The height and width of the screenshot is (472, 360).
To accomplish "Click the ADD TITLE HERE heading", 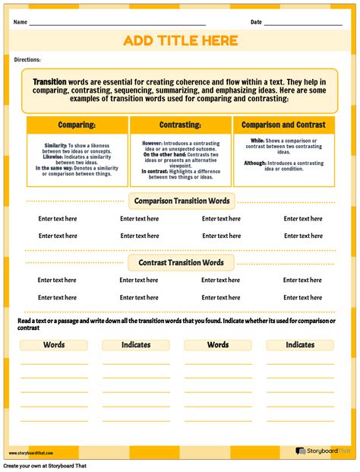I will [180, 41].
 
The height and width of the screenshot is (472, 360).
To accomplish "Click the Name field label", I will [21, 22].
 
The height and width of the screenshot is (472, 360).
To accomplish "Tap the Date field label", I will [256, 22].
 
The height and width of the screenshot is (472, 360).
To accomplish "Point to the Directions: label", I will [27, 59].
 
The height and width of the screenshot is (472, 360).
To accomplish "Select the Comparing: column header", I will [77, 125].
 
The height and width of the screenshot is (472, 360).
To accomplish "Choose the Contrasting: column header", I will [180, 125].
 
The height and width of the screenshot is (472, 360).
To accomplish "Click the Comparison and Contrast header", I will [283, 125].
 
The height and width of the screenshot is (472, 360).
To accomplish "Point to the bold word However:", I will [153, 141].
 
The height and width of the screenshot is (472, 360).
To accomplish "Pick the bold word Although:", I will [255, 163].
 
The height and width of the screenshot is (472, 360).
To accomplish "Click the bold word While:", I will [257, 141].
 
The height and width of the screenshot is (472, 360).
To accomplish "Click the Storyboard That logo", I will [322, 451].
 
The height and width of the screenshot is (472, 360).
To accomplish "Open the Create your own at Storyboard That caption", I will [45, 466].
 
